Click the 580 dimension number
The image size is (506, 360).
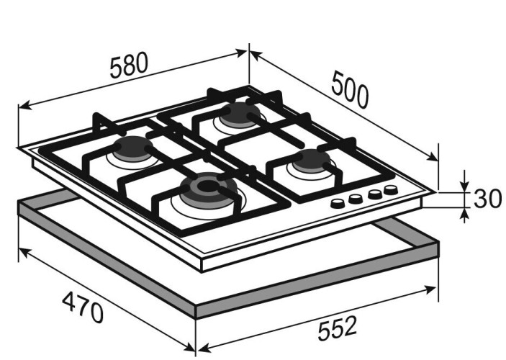pos(129,66)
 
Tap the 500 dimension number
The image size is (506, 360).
pos(350,89)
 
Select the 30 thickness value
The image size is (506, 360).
pos(487,199)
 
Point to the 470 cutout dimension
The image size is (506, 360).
pos(83,307)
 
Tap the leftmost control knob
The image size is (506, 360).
pos(338,203)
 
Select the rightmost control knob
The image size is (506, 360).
pos(391,189)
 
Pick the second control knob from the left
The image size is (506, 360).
pos(356,198)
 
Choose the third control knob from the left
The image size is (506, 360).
pos(375,194)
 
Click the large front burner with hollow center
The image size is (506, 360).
pos(208,188)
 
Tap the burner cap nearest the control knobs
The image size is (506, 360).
pos(312,161)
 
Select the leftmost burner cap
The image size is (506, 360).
pos(132,148)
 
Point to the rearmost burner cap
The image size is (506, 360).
pos(240,114)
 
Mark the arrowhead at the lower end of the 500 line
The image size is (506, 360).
pos(432,157)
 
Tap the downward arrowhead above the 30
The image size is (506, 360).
pos(464,185)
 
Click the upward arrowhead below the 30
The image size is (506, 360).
pos(464,215)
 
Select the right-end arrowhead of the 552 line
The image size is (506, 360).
pos(431,289)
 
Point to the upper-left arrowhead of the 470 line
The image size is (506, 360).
pos(25,252)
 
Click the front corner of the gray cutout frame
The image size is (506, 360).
pos(196,318)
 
